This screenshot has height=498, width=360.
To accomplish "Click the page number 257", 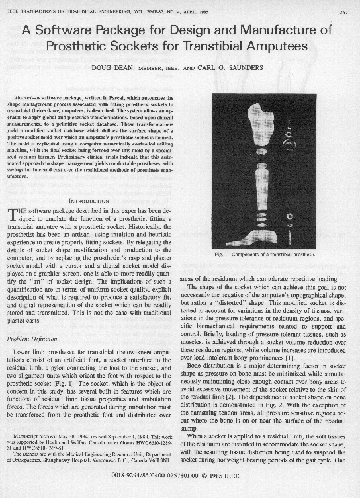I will coord(343,11).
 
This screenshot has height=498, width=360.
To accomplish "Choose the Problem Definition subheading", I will coord(40,339).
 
